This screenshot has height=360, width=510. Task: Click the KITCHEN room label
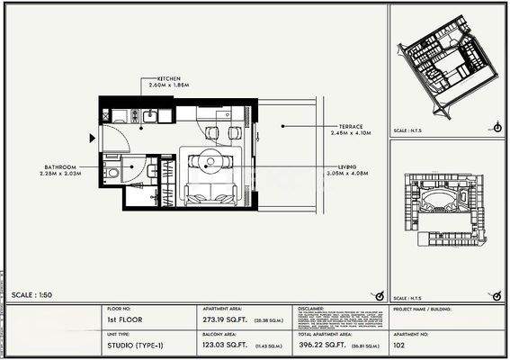tap(171, 78)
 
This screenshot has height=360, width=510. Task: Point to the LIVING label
tap(347, 166)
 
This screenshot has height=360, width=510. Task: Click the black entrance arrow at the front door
tap(92, 138)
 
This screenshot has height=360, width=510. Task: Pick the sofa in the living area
tap(210, 193)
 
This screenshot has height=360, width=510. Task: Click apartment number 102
tap(399, 344)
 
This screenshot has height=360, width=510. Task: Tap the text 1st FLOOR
tap(124, 319)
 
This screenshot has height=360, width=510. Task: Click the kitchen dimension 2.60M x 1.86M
tap(174, 85)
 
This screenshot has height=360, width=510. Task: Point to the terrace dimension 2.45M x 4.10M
tap(351, 133)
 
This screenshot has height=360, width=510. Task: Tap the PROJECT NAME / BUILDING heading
tap(422, 309)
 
